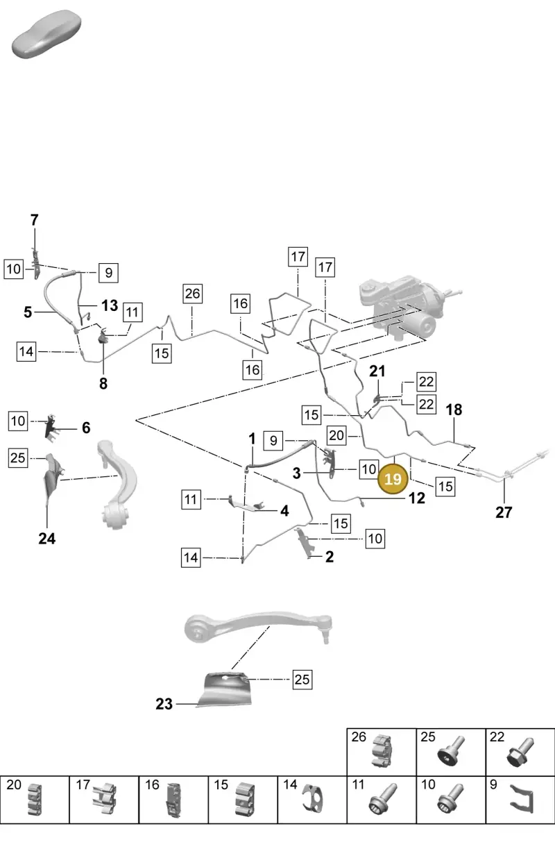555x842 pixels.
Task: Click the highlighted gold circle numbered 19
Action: (393, 479)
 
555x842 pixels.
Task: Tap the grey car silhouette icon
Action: (46, 34)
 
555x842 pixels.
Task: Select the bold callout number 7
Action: (34, 220)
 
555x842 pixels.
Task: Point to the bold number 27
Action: (504, 512)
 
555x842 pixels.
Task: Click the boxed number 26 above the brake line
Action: (192, 294)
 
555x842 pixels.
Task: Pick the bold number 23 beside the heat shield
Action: (164, 704)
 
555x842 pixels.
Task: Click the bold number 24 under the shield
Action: (47, 539)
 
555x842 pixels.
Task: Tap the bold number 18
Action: (454, 410)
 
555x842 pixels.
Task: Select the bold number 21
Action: (377, 371)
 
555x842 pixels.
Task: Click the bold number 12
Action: (417, 498)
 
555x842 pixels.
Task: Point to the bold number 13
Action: (110, 305)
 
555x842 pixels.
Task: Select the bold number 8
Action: (103, 384)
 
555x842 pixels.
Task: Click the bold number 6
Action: (86, 428)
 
